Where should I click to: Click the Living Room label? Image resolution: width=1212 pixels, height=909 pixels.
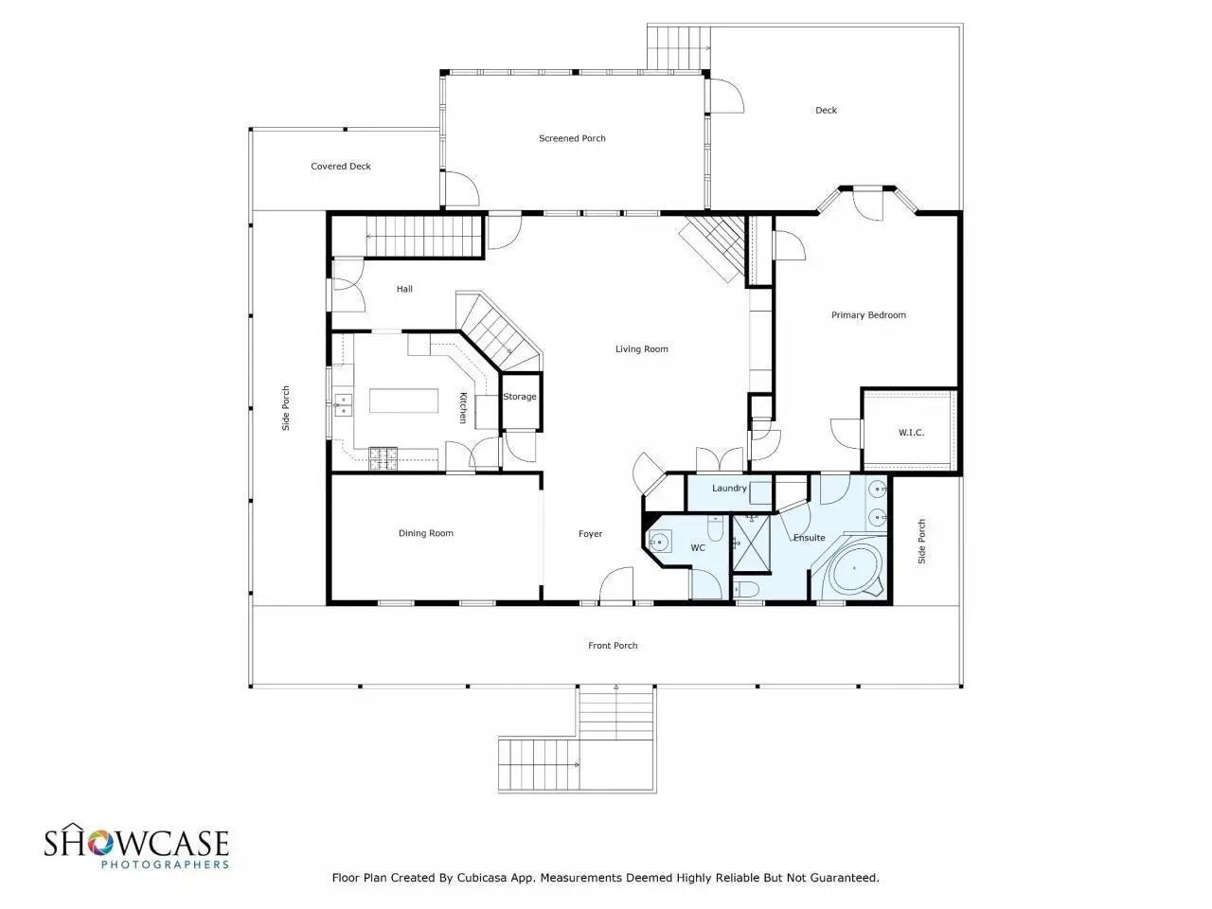pyautogui.click(x=641, y=348)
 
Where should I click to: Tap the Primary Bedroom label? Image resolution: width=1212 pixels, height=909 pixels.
pyautogui.click(x=868, y=315)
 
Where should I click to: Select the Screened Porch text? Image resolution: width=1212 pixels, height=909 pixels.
pyautogui.click(x=572, y=138)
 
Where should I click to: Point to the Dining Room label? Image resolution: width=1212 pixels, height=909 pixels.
pyautogui.click(x=426, y=533)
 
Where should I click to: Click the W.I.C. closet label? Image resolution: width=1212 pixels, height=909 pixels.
pyautogui.click(x=911, y=433)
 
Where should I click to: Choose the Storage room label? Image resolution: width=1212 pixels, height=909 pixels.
pyautogui.click(x=520, y=397)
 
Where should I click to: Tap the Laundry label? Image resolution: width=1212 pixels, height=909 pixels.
pyautogui.click(x=729, y=488)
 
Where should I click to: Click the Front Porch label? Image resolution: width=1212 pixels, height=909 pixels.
pyautogui.click(x=613, y=645)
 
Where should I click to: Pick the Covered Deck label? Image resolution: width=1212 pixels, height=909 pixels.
pyautogui.click(x=341, y=166)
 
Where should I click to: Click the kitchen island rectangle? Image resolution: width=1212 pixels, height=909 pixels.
pyautogui.click(x=403, y=401)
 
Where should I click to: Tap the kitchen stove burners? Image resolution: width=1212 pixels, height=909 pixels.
pyautogui.click(x=383, y=458)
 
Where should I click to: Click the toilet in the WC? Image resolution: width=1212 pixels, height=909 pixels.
pyautogui.click(x=715, y=528)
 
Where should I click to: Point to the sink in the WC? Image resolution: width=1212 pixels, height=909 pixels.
pyautogui.click(x=659, y=542)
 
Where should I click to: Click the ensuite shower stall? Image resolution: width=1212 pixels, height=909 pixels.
pyautogui.click(x=751, y=544)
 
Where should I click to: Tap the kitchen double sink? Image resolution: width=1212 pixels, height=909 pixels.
pyautogui.click(x=344, y=404)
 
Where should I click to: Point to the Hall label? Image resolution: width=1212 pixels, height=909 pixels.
pyautogui.click(x=404, y=289)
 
